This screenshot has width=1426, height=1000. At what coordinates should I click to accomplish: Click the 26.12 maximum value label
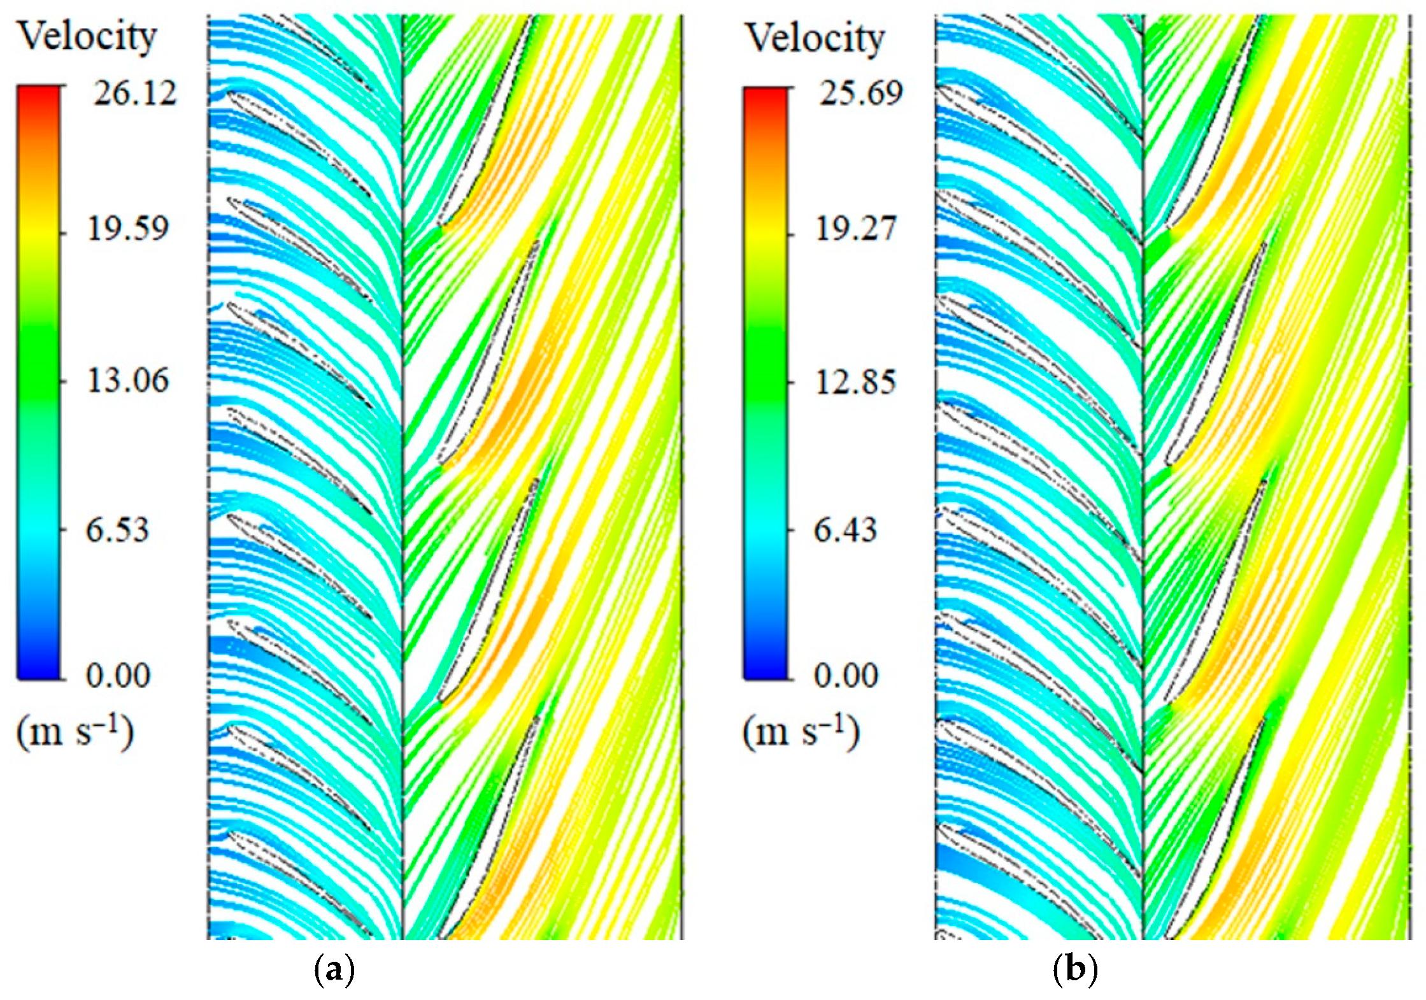coord(134,95)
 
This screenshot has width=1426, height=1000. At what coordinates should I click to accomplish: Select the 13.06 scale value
coord(127,381)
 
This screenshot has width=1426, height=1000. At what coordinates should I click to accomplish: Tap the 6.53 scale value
coord(117,530)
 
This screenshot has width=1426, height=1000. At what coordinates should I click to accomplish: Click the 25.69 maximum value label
coord(860,94)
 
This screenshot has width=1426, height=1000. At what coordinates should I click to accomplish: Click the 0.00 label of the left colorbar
coord(118,676)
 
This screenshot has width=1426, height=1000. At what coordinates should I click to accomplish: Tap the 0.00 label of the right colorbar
coord(846,676)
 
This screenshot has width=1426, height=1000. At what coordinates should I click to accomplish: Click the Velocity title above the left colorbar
coord(87,37)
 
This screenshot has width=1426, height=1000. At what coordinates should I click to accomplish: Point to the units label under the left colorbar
coord(75,732)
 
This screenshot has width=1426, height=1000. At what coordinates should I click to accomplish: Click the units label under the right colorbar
coord(801,732)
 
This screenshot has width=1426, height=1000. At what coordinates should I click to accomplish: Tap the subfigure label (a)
coord(334,971)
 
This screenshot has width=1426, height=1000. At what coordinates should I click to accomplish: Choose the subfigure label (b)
coord(1075,971)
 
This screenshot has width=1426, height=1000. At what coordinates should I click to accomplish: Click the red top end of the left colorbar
coord(39,96)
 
